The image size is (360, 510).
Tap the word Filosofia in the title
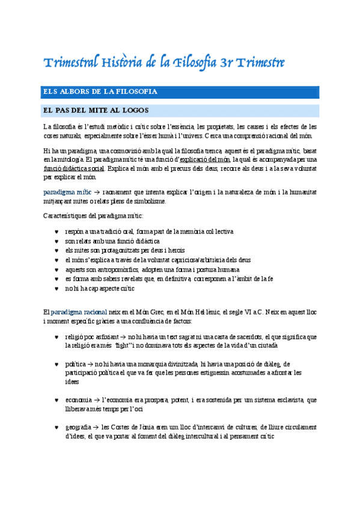(x=198, y=63)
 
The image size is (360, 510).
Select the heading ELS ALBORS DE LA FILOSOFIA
(x=100, y=92)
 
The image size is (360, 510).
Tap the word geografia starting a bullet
(x=79, y=426)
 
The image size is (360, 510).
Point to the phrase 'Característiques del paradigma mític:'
(x=93, y=215)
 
